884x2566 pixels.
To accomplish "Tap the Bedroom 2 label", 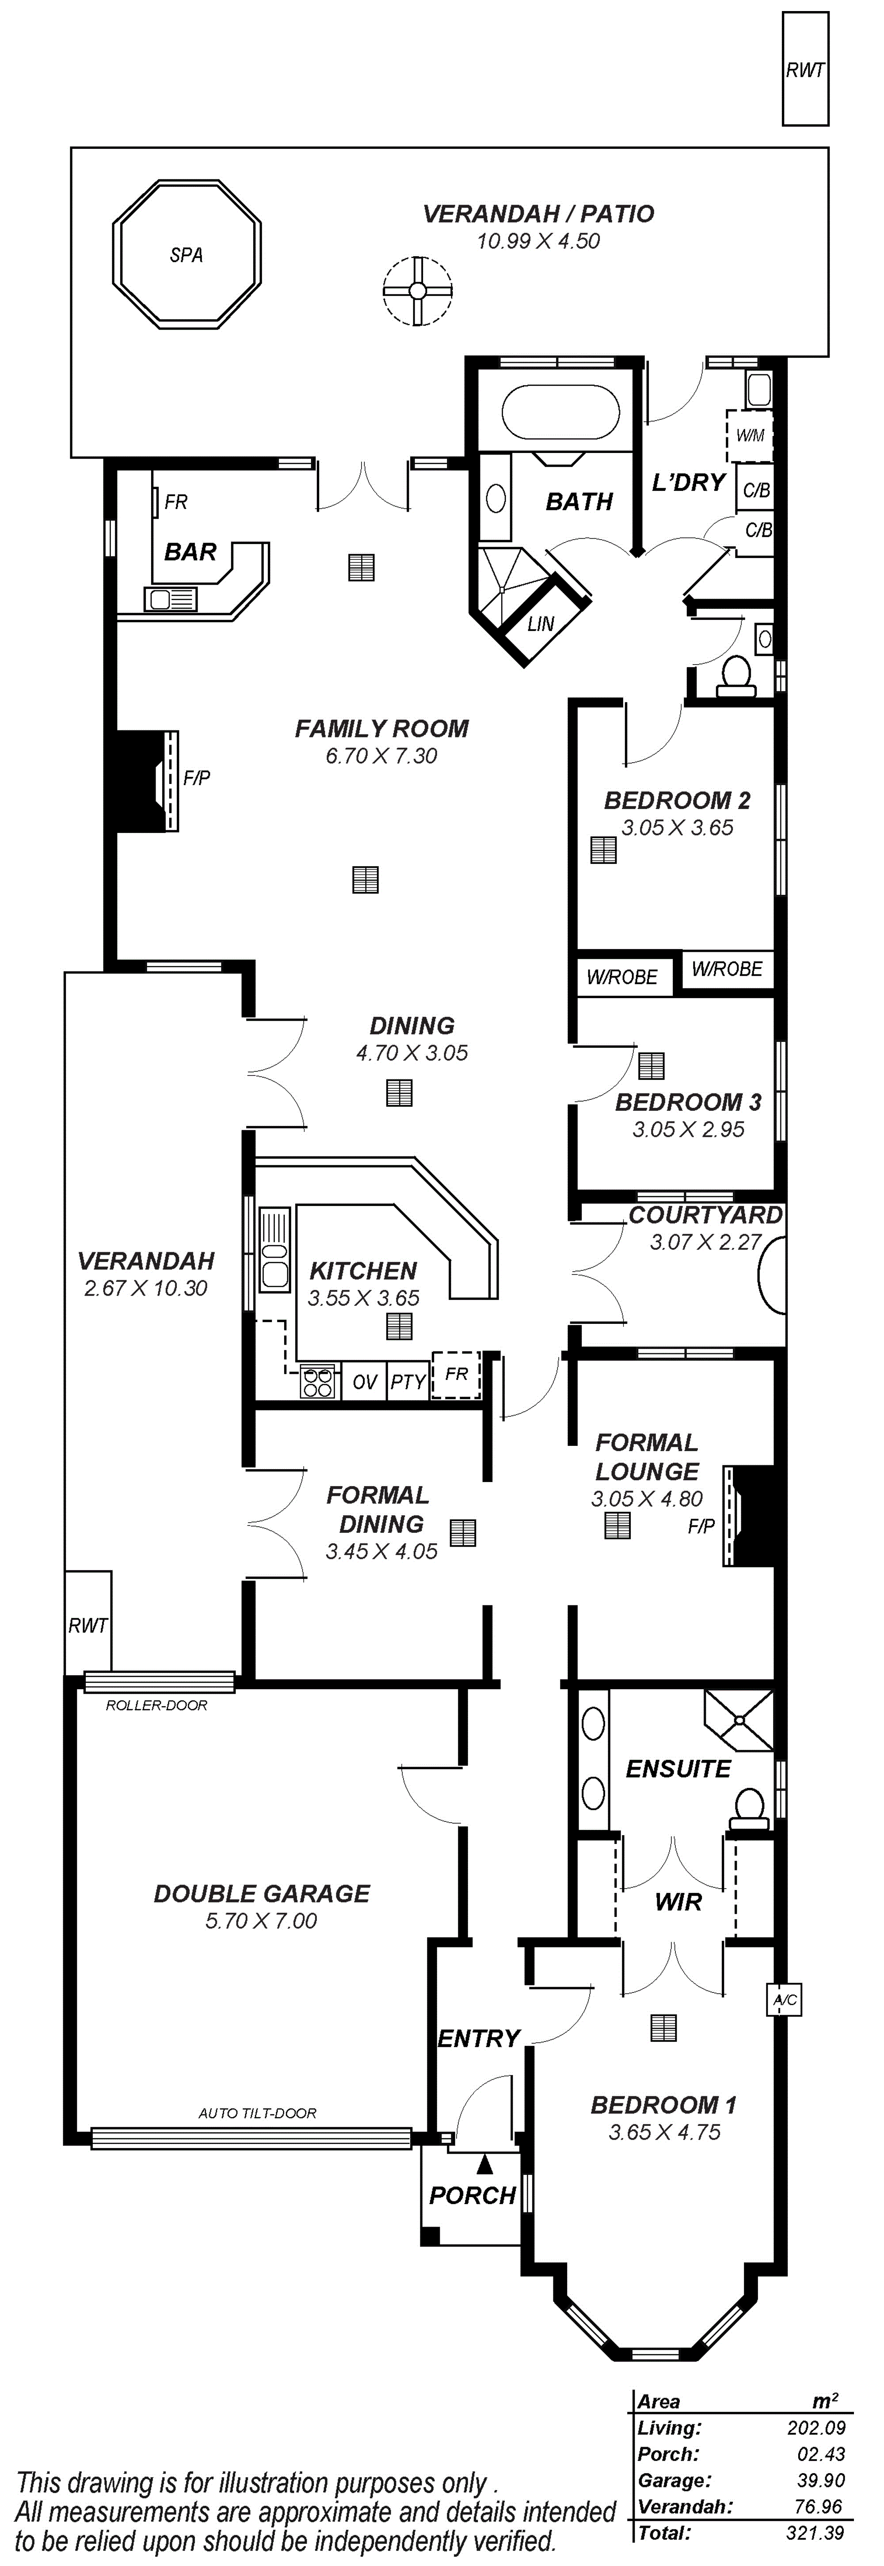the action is coord(677,800).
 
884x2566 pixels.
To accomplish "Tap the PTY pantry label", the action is coord(408,1382).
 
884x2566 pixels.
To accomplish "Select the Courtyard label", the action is coord(705,1215).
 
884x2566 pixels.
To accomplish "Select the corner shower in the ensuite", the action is coord(739,1720).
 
